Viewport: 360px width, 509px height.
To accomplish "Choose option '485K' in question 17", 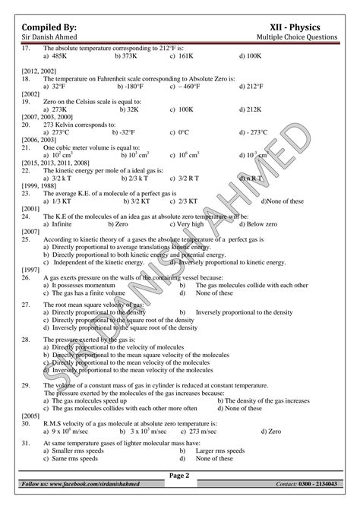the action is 57,56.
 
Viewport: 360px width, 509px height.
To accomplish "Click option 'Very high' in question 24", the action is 190,224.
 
